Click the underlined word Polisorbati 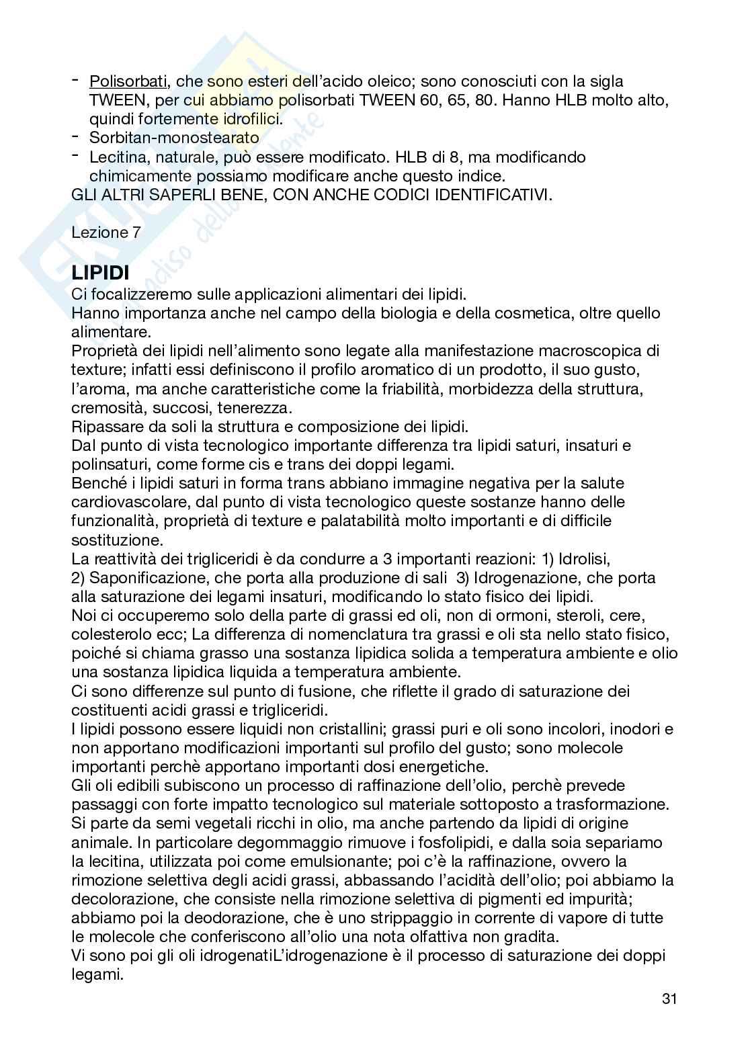[x=128, y=82]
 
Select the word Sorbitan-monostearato [x=174, y=138]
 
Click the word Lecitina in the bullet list [x=115, y=157]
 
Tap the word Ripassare [x=103, y=427]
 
